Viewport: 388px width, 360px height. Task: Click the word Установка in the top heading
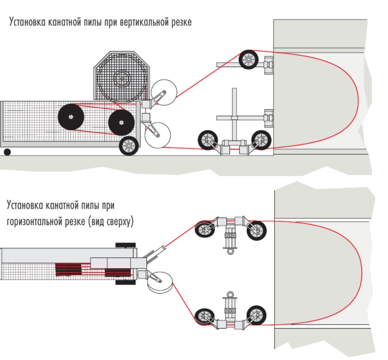27,22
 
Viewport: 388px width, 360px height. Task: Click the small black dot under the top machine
7,152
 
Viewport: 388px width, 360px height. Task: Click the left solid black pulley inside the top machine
71,117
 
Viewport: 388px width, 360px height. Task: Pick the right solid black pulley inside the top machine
121,122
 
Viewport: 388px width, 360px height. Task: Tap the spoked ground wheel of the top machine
129,146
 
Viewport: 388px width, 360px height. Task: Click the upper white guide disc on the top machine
164,92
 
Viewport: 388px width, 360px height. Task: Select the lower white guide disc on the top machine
158,135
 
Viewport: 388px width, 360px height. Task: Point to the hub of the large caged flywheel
122,78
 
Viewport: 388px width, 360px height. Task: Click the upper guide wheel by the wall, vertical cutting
249,59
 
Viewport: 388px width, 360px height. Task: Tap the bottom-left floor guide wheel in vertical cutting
208,140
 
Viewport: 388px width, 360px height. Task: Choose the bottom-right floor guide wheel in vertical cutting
261,140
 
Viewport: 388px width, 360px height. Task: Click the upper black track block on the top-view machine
126,245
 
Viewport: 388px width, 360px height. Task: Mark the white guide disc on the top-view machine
160,282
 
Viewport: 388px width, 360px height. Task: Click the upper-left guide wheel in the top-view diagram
205,230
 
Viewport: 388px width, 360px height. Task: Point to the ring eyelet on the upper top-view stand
230,251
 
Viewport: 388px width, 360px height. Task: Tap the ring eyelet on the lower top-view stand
230,295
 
